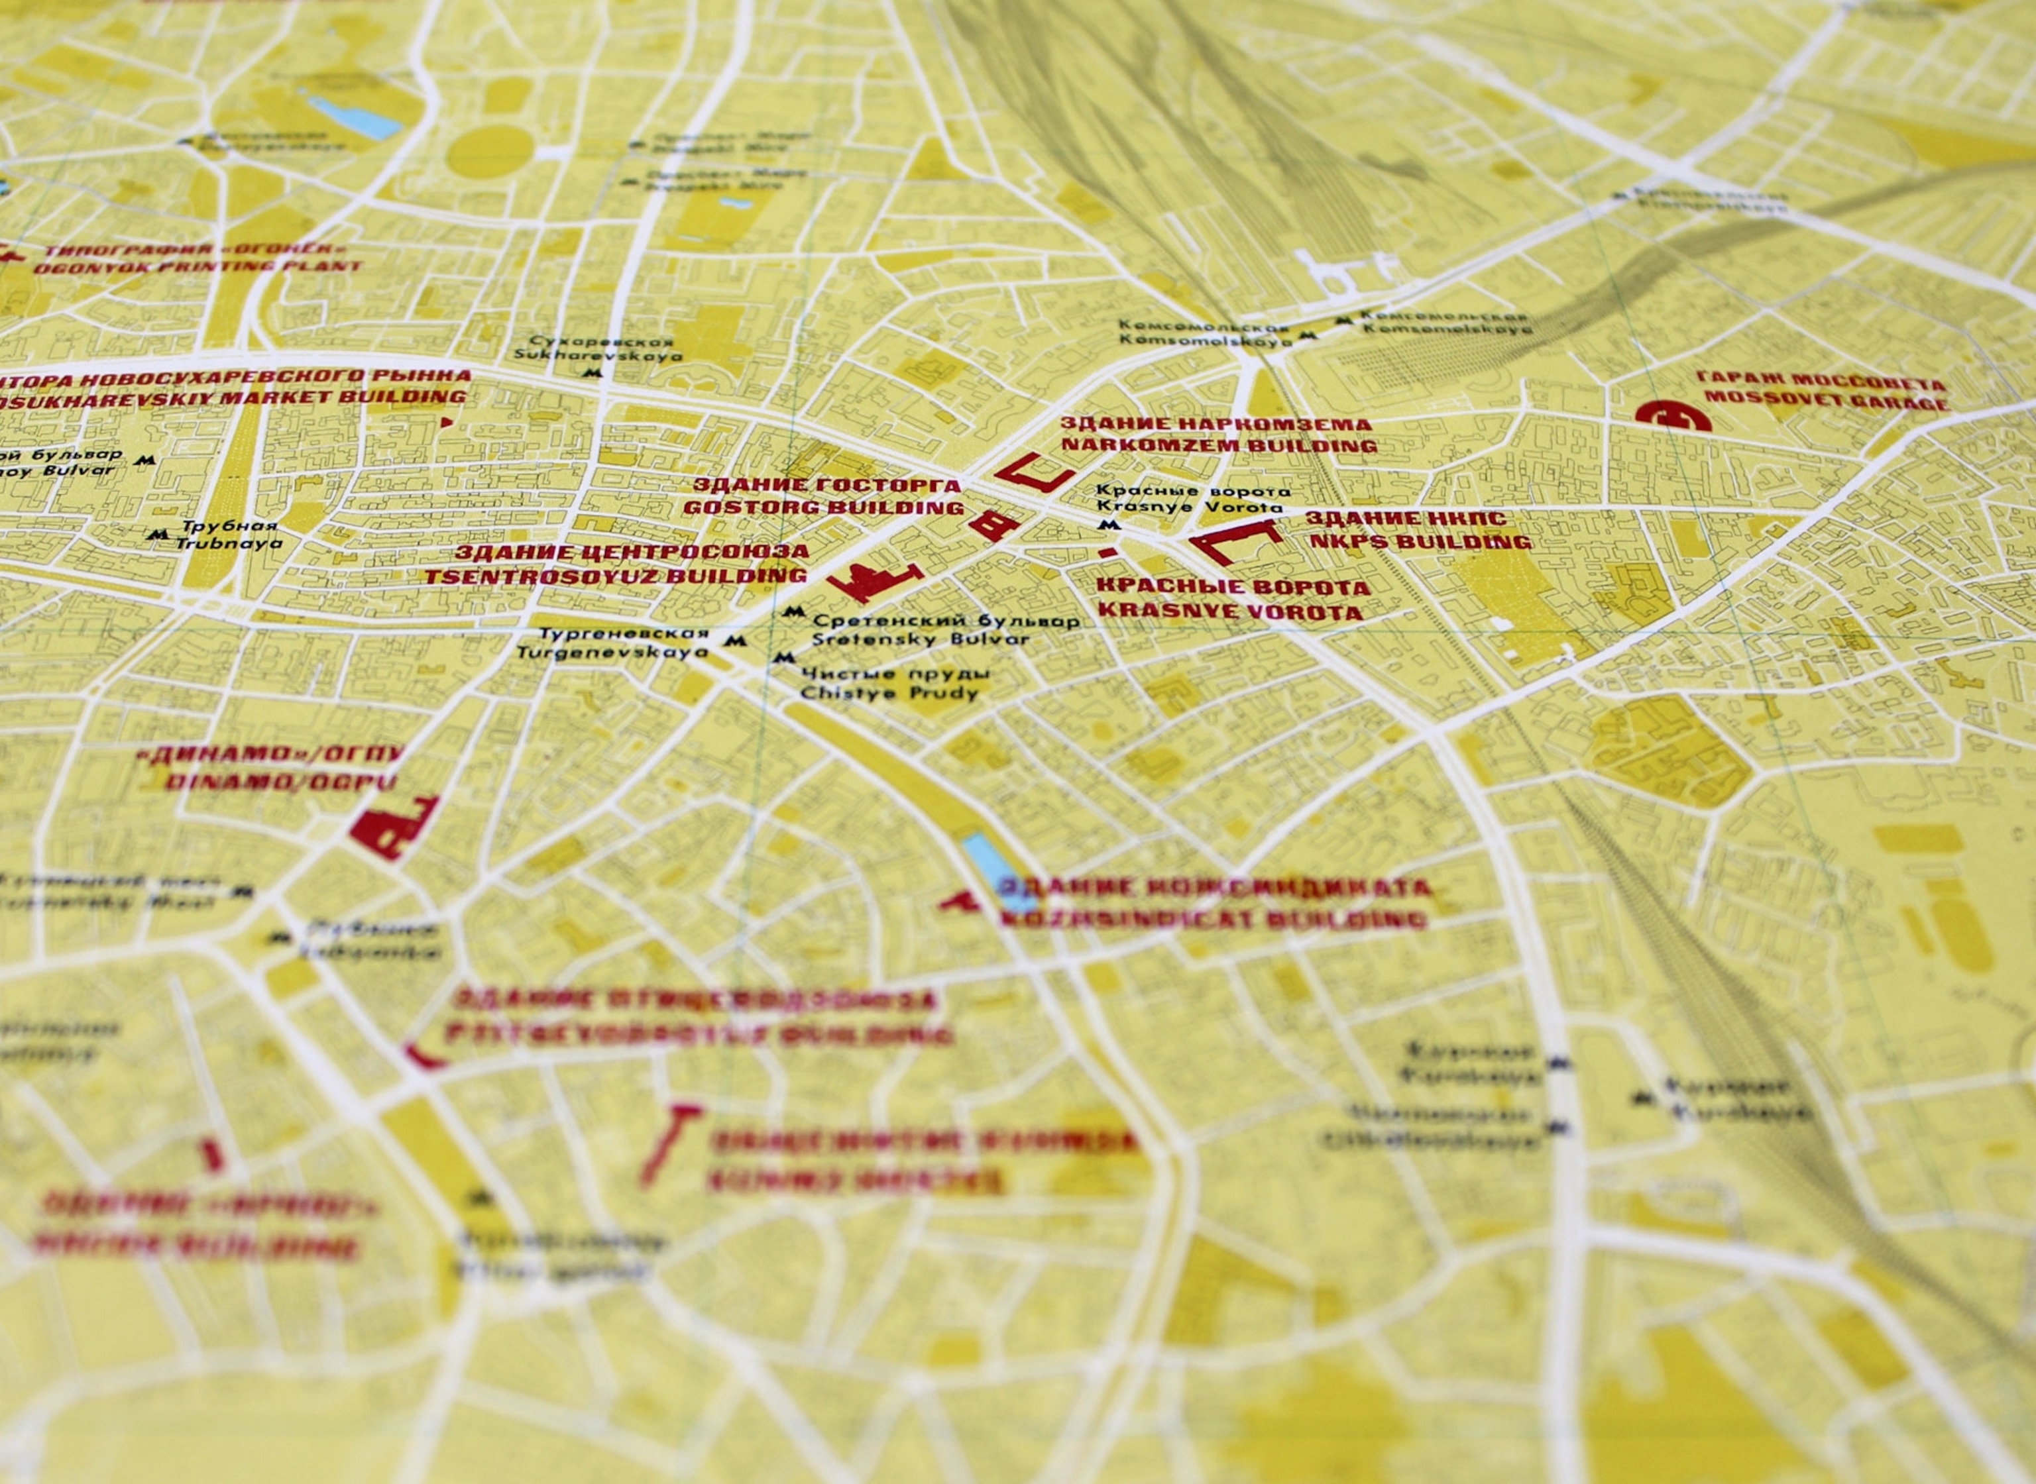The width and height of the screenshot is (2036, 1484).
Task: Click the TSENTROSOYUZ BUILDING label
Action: click(x=616, y=575)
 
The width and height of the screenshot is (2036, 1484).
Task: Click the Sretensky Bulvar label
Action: click(x=920, y=639)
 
